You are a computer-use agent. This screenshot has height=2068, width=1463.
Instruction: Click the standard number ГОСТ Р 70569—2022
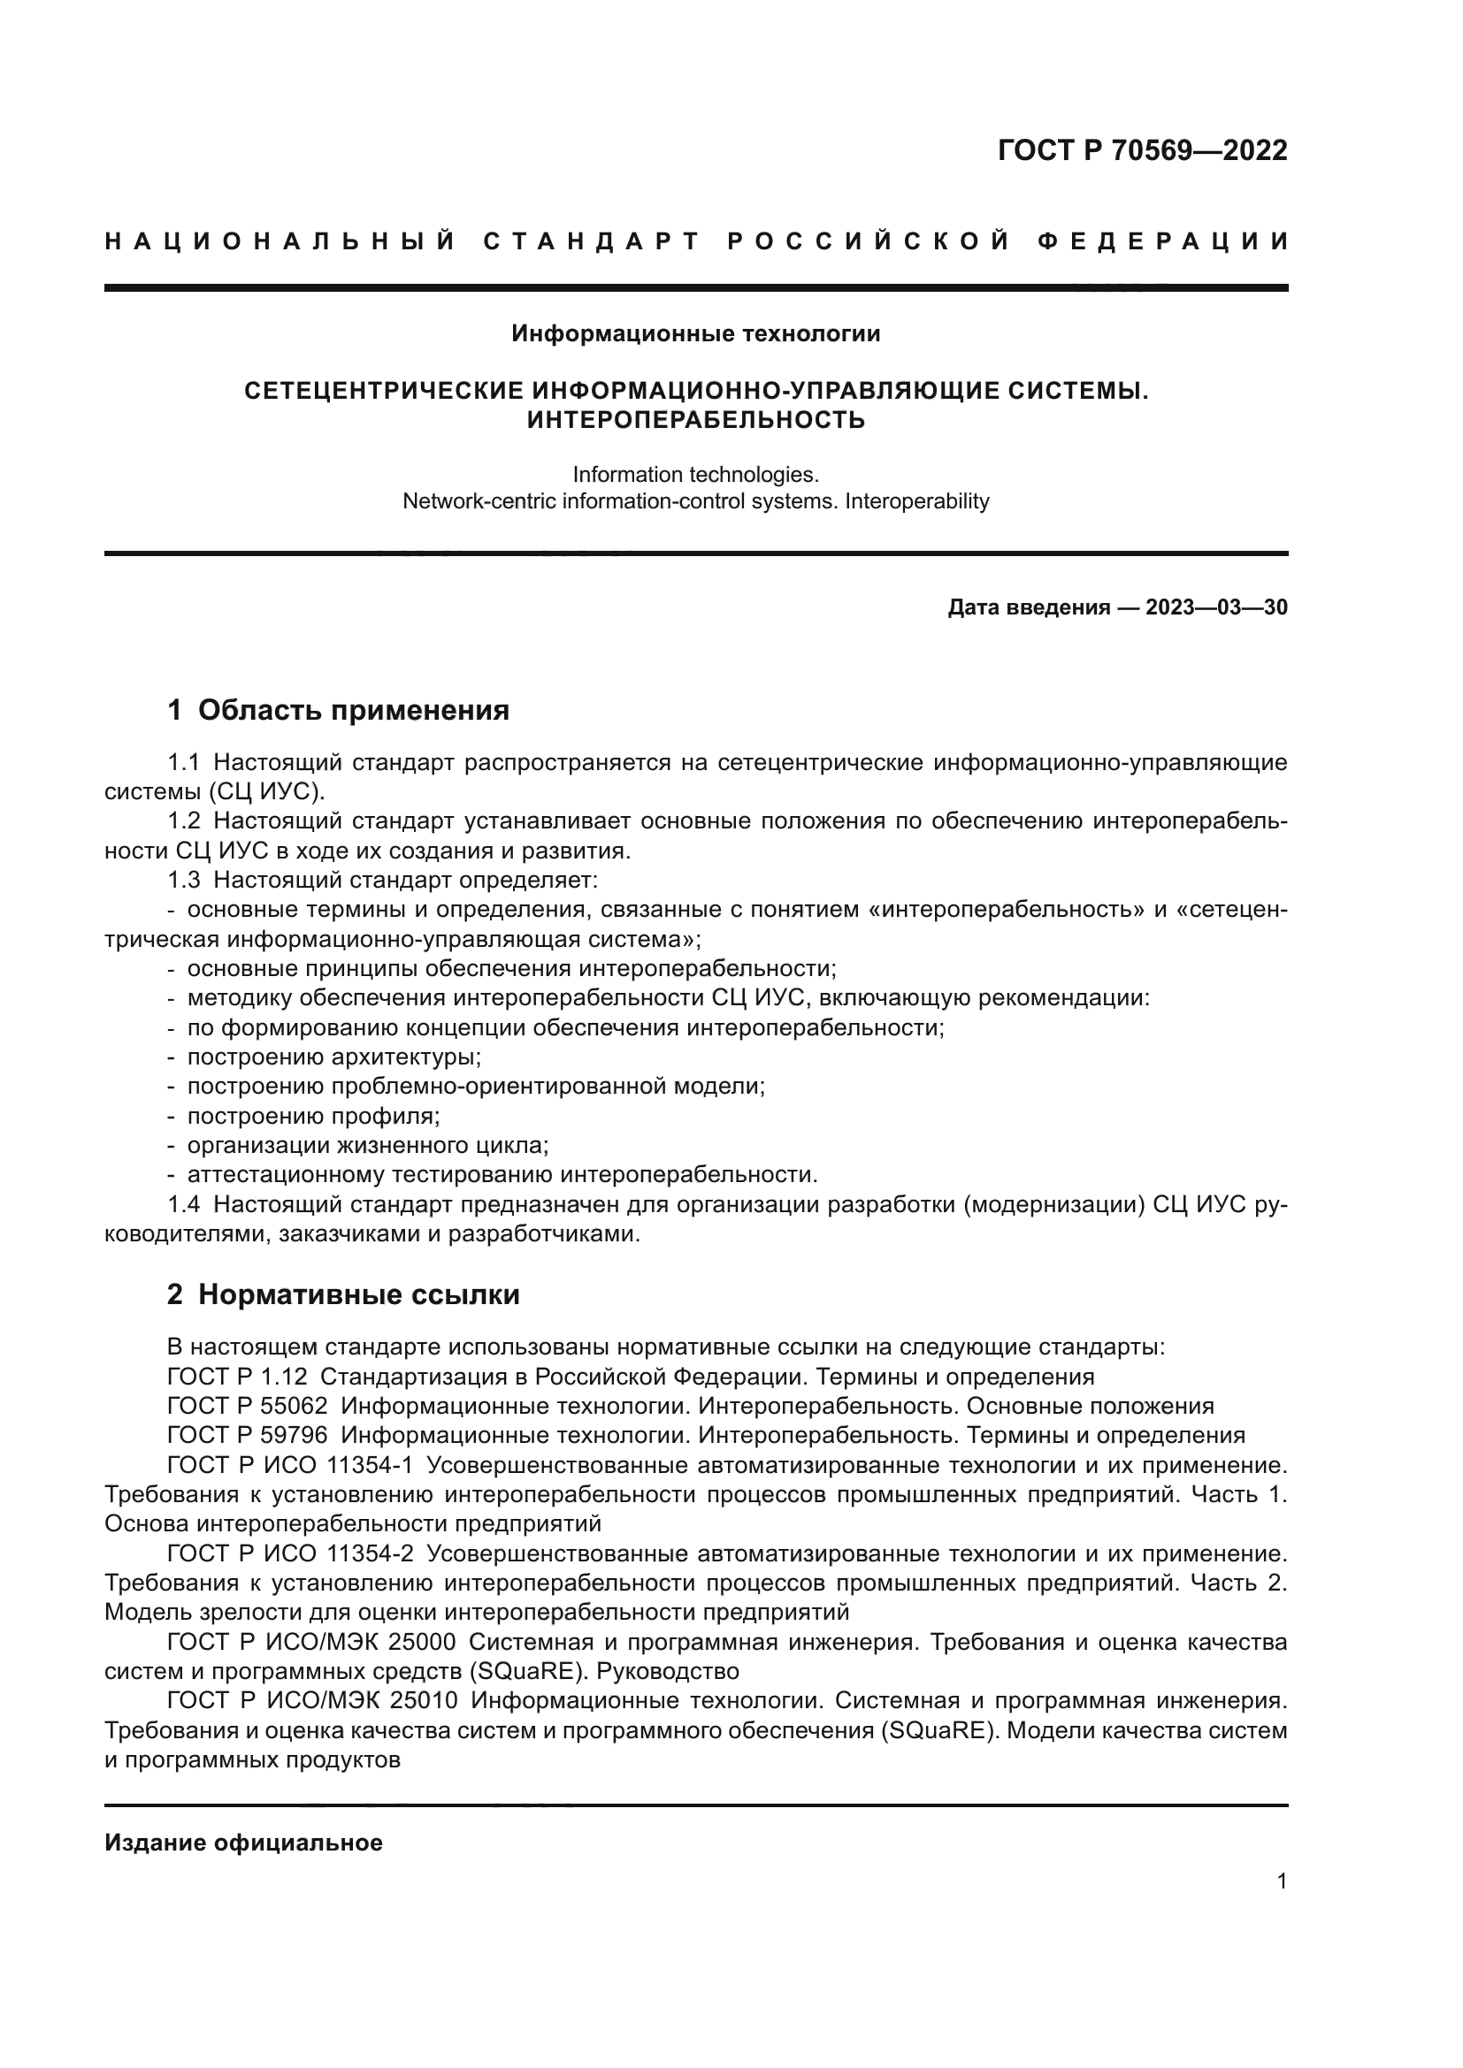(1142, 150)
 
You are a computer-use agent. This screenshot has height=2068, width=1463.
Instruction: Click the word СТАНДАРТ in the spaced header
(592, 241)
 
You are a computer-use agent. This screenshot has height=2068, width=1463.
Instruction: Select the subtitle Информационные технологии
(695, 334)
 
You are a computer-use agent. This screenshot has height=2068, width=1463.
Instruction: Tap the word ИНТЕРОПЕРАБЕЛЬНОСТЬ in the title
(695, 420)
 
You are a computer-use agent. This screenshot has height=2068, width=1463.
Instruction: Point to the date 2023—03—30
(1216, 608)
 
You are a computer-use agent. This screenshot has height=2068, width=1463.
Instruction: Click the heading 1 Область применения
(338, 711)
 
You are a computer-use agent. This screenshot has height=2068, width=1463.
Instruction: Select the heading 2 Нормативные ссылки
(343, 1295)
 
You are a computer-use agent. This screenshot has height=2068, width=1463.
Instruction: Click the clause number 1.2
(184, 821)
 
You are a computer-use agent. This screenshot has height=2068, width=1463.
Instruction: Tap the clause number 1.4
(184, 1205)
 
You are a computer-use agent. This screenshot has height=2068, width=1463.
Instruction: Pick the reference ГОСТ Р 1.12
(237, 1377)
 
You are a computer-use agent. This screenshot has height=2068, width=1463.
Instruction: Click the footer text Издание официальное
(243, 1843)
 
